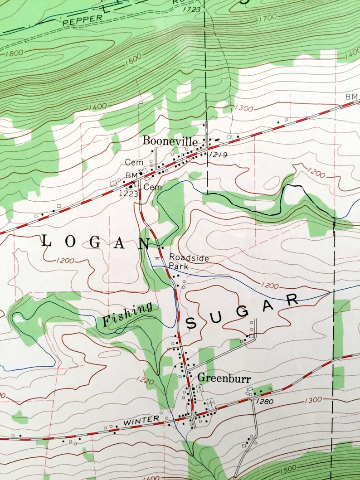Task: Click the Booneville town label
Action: point(170,141)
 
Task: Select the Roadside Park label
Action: point(189,262)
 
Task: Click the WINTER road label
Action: point(141,422)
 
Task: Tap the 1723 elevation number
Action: point(192,9)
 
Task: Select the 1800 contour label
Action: point(15,53)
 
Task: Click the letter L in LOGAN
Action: point(46,241)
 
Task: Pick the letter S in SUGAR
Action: point(191,323)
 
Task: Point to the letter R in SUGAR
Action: point(292,298)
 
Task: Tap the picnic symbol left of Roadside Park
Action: point(157,257)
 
